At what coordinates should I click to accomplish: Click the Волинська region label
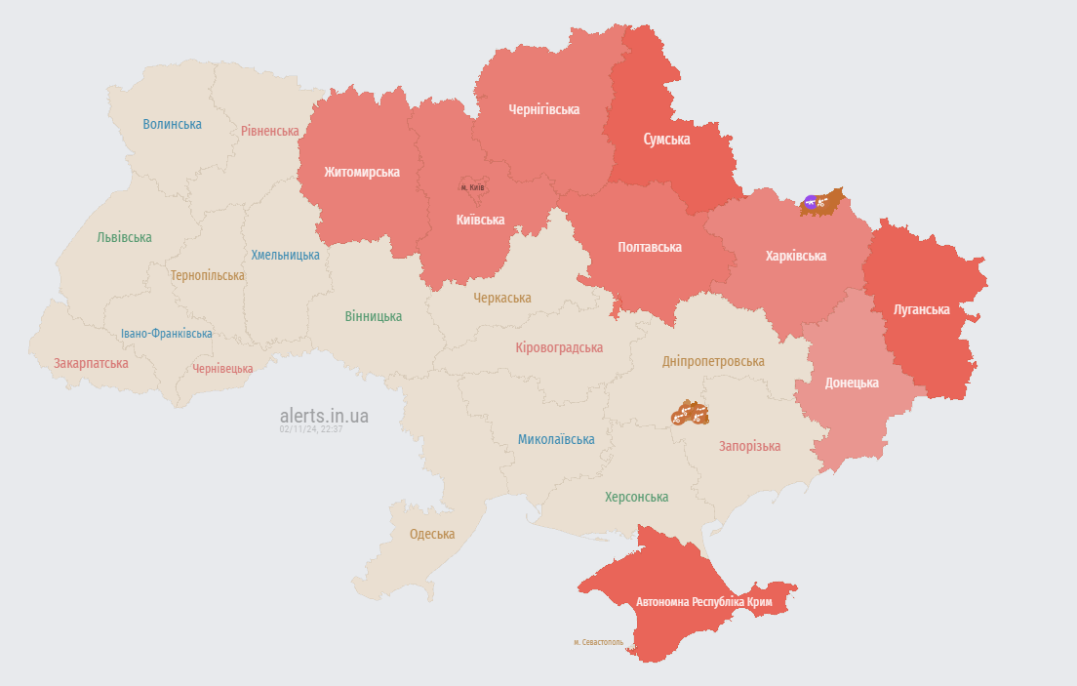click(x=172, y=124)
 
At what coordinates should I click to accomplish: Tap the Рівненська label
click(x=270, y=131)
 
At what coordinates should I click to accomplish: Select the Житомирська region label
click(x=362, y=172)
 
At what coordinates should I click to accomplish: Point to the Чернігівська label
click(x=543, y=109)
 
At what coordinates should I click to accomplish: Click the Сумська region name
click(x=666, y=140)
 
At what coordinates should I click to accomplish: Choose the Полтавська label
click(x=650, y=247)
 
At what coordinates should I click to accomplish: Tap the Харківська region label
click(x=796, y=256)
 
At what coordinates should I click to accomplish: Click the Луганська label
click(x=921, y=309)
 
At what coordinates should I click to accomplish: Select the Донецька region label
click(x=852, y=383)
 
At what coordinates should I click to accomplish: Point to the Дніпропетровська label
click(x=713, y=361)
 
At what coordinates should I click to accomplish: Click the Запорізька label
click(x=749, y=446)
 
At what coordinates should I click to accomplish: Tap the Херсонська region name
click(x=636, y=497)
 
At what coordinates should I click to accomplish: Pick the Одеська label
click(x=432, y=534)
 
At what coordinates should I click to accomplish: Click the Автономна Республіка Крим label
click(x=703, y=602)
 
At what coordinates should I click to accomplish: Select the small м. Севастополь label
click(x=598, y=642)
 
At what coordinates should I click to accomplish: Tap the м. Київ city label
click(x=472, y=187)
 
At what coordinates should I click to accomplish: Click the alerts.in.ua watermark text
click(x=324, y=416)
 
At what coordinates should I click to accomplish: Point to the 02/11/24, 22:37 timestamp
click(x=310, y=428)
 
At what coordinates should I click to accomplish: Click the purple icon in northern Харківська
click(x=810, y=203)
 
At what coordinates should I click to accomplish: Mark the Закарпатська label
click(x=91, y=363)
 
